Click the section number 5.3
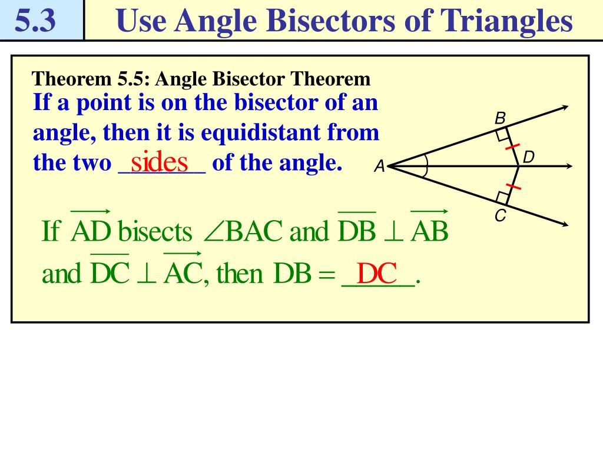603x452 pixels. [35, 21]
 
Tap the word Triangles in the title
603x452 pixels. [506, 21]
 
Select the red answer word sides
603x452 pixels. [159, 162]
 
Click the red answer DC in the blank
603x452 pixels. [376, 273]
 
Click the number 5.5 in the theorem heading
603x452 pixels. [133, 79]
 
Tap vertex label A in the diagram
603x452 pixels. [380, 167]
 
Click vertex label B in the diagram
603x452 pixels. [500, 118]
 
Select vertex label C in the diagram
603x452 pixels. [501, 215]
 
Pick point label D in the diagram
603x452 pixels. [529, 157]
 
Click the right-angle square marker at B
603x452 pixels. [502, 135]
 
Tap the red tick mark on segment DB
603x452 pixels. [512, 147]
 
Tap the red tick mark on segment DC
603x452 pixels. [513, 187]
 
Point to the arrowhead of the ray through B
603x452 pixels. [565, 108]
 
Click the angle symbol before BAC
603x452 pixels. [213, 232]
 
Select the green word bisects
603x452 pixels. [155, 232]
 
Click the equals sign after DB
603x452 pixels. [327, 274]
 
